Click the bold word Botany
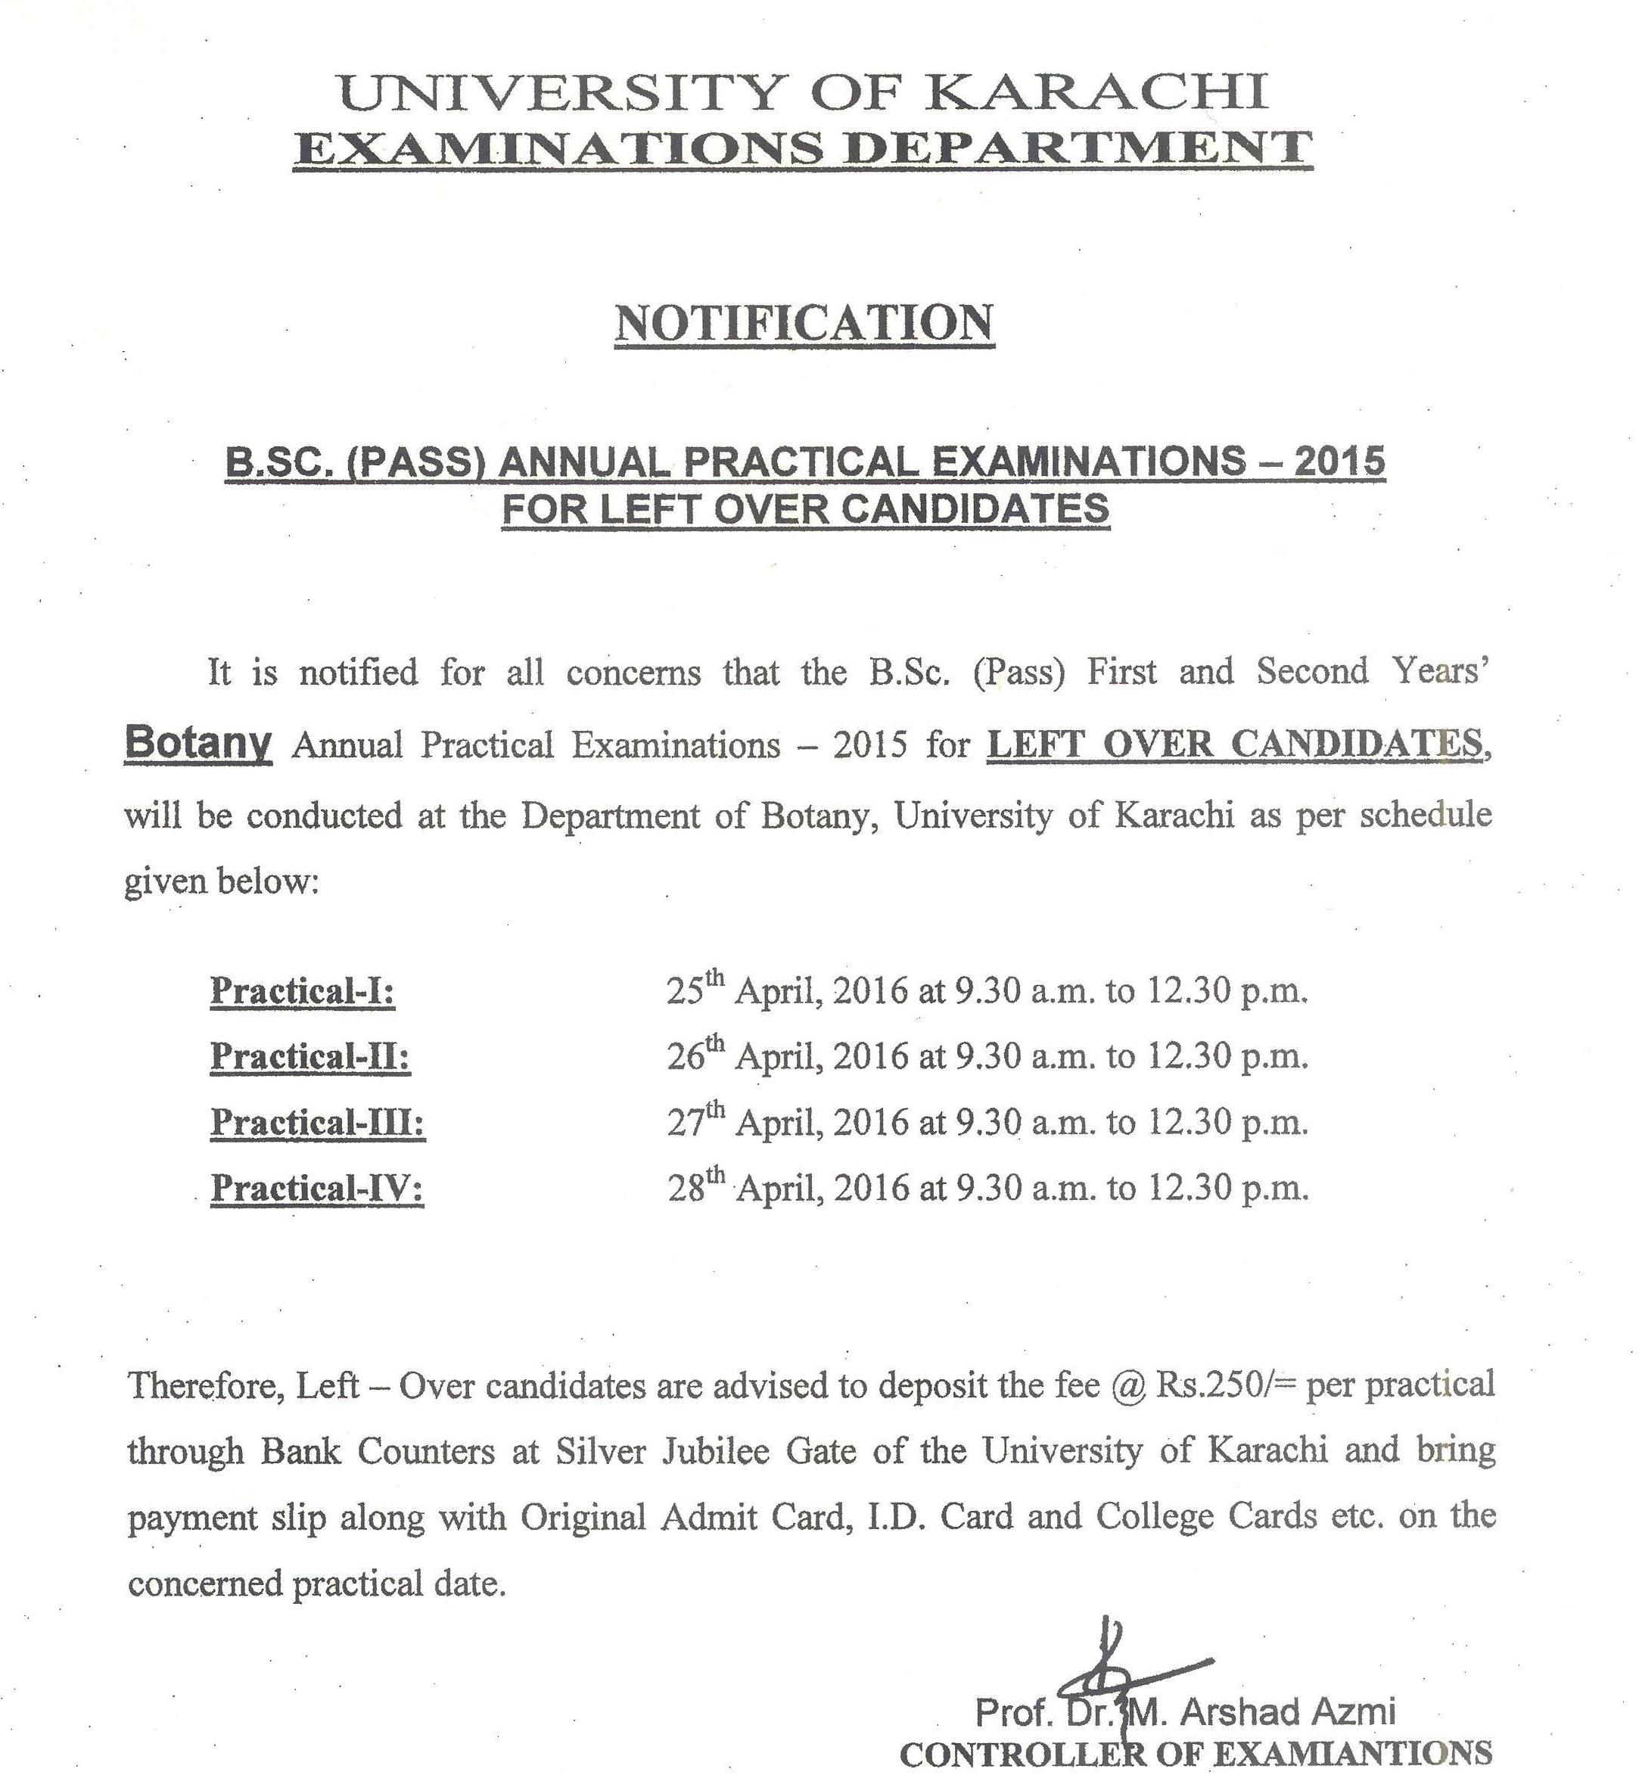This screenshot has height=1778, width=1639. click(197, 741)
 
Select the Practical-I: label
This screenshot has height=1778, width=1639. click(303, 990)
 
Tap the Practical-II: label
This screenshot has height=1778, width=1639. click(310, 1055)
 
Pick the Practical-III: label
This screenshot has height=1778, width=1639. click(318, 1122)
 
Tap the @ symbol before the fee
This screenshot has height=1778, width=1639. click(1128, 1385)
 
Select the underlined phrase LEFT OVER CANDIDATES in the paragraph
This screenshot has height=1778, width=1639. click(1235, 742)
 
